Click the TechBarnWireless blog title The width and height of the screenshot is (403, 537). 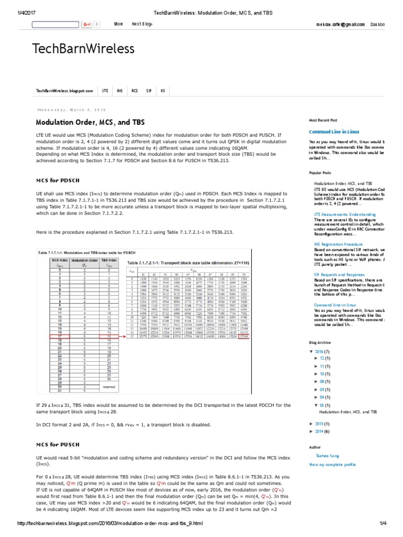(x=83, y=49)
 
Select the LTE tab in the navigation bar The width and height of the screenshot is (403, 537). (x=105, y=91)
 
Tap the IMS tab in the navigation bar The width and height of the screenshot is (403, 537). (x=120, y=91)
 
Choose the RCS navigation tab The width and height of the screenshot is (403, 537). (x=135, y=91)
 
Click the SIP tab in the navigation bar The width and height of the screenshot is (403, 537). (x=149, y=91)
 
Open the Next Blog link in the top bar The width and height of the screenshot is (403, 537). (x=142, y=24)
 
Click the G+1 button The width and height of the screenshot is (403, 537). (x=87, y=24)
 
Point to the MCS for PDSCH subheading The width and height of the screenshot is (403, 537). (x=57, y=180)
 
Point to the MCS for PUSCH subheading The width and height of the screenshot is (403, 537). (x=57, y=445)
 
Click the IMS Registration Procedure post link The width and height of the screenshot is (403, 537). (x=338, y=244)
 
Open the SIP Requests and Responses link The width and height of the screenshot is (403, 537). (x=340, y=274)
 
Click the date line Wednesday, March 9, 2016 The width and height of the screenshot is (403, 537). (x=71, y=110)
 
